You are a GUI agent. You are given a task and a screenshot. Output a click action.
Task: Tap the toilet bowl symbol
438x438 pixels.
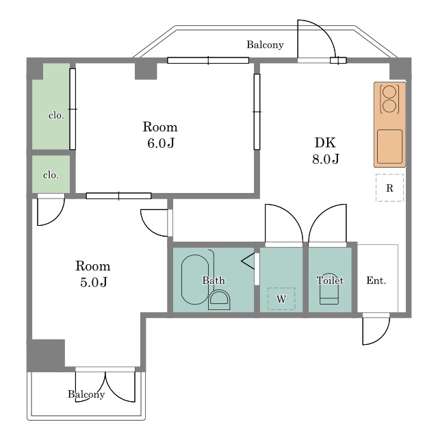click(329, 289)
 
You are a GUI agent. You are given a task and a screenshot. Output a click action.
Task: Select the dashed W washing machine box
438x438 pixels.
click(281, 298)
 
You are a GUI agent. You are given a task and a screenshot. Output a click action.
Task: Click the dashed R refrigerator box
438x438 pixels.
click(389, 188)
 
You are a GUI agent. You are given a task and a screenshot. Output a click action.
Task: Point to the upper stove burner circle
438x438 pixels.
click(389, 92)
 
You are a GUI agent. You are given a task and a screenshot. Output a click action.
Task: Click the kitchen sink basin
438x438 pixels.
click(389, 146)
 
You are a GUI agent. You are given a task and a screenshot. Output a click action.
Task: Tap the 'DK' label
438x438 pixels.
click(325, 142)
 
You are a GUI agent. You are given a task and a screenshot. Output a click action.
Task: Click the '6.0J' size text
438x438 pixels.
click(161, 143)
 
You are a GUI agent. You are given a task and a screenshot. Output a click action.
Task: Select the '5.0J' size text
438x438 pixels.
click(94, 282)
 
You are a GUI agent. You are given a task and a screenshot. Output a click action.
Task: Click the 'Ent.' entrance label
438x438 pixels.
click(376, 281)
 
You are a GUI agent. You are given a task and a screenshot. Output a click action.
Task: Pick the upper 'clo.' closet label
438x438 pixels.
click(56, 115)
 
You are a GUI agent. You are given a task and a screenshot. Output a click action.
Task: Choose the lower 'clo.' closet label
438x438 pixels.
click(51, 175)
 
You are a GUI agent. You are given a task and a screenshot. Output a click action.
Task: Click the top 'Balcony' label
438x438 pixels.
click(265, 44)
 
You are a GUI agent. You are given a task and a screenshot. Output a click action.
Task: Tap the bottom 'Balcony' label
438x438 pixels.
click(86, 394)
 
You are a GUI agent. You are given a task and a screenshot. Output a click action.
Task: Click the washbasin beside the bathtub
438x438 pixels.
click(219, 300)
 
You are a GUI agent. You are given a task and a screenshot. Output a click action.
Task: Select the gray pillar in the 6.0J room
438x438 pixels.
click(146, 71)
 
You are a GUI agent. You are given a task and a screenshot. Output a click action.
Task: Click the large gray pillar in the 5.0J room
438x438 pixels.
click(46, 355)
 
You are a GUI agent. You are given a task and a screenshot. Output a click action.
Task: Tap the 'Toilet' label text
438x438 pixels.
click(330, 280)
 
